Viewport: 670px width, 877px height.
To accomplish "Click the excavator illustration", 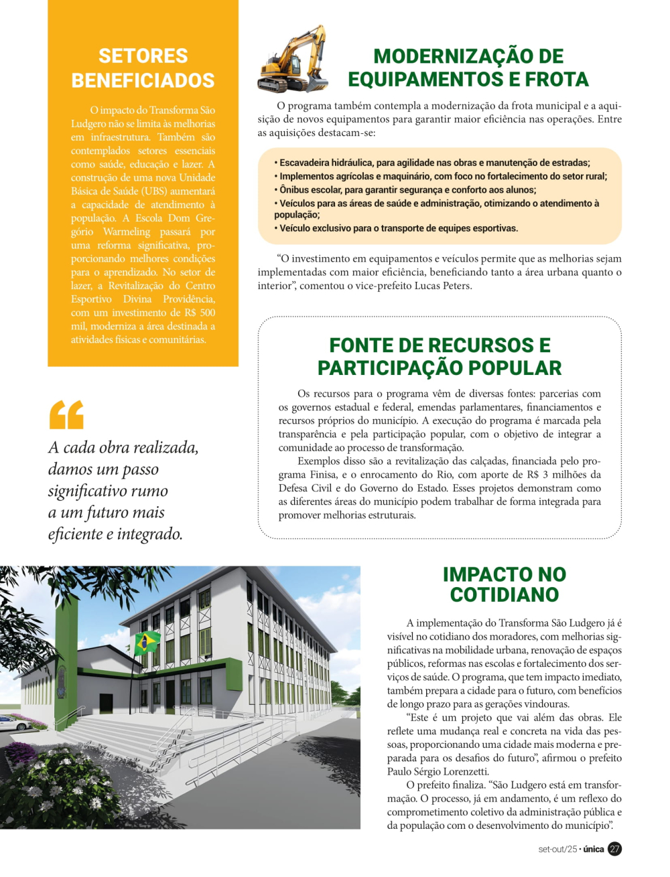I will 292,61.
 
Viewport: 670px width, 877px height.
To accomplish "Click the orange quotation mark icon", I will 66,414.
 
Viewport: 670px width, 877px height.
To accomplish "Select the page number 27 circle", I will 614,849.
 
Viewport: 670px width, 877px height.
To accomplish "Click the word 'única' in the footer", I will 594,849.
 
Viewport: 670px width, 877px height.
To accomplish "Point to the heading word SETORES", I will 143,56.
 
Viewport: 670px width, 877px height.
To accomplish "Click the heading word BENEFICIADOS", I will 143,80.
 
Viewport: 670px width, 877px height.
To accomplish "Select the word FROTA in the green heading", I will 557,80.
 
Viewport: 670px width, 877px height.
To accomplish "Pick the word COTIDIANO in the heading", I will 504,594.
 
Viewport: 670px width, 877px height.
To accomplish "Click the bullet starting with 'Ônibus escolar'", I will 405,189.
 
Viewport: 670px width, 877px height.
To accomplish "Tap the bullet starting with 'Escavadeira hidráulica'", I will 431,163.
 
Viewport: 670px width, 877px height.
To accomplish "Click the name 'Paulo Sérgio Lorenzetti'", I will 438,771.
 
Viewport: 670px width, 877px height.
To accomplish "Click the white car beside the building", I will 15,722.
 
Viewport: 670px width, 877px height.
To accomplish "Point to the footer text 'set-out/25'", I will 557,849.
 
